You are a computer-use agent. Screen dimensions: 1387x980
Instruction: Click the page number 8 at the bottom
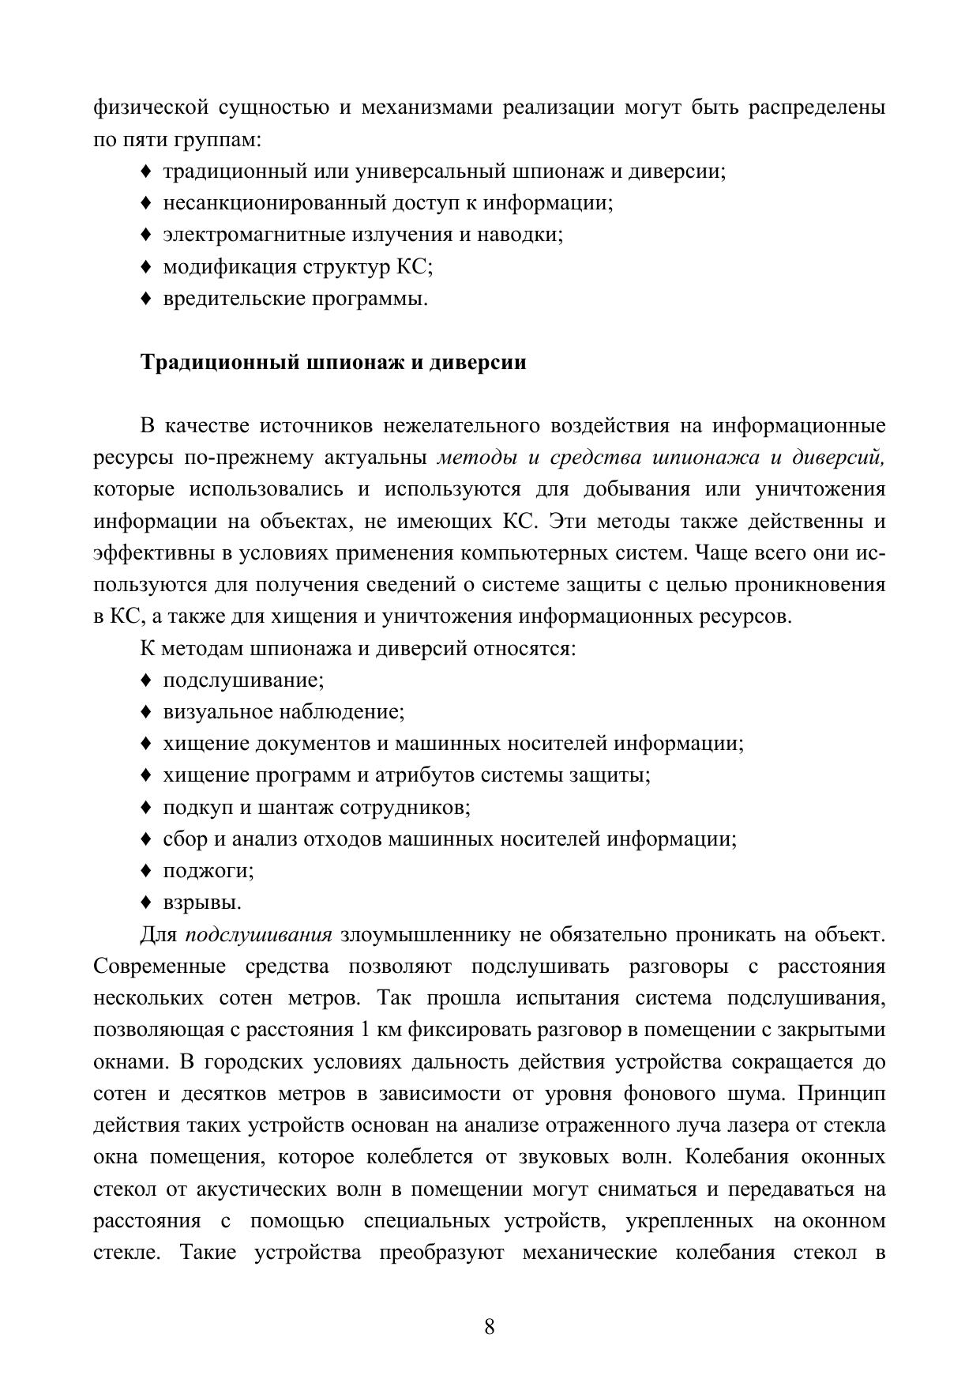490,1326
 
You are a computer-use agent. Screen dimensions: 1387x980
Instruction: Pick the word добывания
634,489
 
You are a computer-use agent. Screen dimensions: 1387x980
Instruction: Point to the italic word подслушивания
258,935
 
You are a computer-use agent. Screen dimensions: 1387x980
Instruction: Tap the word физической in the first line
150,107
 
